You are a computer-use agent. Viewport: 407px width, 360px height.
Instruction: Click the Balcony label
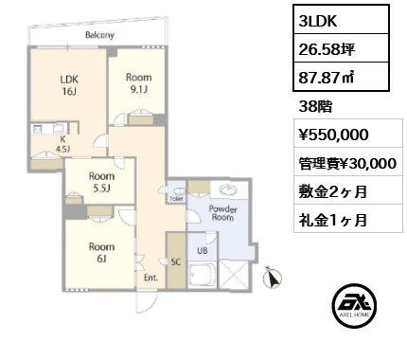click(99, 35)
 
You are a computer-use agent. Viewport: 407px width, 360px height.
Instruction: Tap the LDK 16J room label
click(69, 85)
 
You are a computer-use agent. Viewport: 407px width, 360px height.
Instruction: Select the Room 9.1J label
click(139, 83)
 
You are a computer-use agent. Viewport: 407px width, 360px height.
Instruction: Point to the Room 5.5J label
click(101, 182)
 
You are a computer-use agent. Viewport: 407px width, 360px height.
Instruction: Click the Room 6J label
click(101, 252)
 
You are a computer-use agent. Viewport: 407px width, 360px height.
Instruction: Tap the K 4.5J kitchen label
click(62, 144)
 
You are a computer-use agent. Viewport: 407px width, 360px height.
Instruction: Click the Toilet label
click(176, 199)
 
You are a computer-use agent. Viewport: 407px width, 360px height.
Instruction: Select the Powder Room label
click(222, 213)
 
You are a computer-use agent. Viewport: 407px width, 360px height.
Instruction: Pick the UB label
click(203, 250)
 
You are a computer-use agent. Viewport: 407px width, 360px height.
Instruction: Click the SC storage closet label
click(176, 261)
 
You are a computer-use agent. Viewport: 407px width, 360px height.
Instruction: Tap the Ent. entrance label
click(150, 278)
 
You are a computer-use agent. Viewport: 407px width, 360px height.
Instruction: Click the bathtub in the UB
click(203, 275)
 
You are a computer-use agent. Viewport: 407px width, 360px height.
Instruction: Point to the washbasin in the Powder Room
click(229, 190)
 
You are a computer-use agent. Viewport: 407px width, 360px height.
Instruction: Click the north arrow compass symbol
click(273, 278)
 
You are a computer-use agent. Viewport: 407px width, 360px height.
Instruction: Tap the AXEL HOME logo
click(354, 305)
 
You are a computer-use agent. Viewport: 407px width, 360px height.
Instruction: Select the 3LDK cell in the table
click(341, 20)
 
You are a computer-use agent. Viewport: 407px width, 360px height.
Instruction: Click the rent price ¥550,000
click(333, 135)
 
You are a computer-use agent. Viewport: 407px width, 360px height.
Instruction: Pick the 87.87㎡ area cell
click(341, 77)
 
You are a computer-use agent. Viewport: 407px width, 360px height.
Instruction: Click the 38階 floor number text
click(315, 107)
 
